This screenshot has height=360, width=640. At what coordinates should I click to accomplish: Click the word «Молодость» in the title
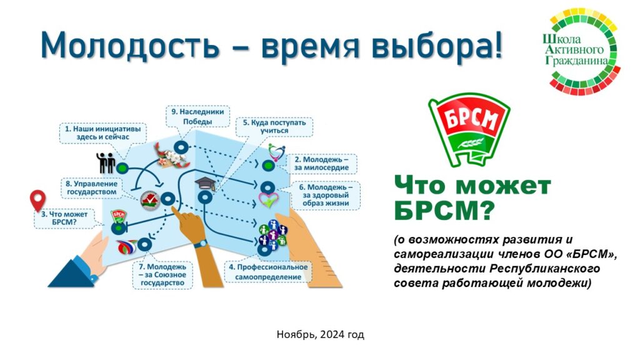(x=130, y=44)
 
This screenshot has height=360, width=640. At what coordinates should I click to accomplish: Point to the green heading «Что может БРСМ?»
(x=472, y=198)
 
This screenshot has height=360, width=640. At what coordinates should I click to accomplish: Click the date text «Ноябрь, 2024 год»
(x=321, y=335)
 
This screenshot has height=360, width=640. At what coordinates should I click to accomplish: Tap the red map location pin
(x=38, y=201)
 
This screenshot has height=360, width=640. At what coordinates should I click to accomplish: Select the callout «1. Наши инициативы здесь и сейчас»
(x=103, y=133)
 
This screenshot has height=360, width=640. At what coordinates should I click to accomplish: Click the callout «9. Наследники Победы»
(x=197, y=116)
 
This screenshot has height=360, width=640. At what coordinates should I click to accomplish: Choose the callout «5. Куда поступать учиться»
(x=274, y=126)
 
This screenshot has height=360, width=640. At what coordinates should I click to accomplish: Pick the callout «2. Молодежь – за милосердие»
(x=321, y=164)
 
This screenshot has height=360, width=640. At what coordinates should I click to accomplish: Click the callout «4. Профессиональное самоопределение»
(x=268, y=272)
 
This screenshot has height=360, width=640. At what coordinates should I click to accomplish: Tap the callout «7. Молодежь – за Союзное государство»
(x=162, y=275)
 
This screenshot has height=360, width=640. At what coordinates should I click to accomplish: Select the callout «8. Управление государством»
(x=92, y=187)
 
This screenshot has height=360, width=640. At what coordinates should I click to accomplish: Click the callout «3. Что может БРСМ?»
(x=64, y=218)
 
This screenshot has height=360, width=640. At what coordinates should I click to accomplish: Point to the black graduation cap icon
(x=205, y=184)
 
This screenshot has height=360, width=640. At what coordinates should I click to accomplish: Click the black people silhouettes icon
(x=105, y=163)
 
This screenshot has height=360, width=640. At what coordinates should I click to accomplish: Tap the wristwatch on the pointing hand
(x=201, y=244)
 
